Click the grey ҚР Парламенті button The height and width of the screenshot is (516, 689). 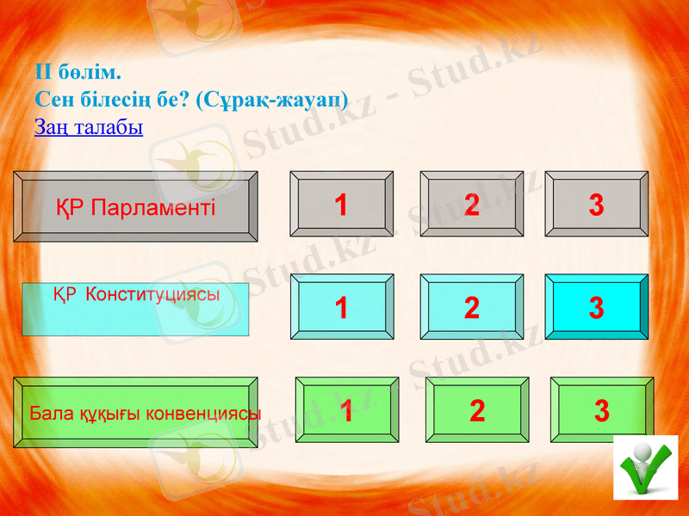click(x=135, y=206)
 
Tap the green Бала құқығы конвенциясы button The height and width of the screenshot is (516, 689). click(x=135, y=413)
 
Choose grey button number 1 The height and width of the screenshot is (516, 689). click(x=342, y=204)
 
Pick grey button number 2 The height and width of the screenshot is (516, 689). click(x=471, y=204)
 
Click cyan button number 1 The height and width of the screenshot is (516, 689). click(x=342, y=307)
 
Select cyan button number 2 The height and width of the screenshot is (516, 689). click(x=471, y=307)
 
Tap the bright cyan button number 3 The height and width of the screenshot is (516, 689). click(x=596, y=307)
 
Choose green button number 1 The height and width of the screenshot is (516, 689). click(x=346, y=410)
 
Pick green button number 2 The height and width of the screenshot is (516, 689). click(x=477, y=410)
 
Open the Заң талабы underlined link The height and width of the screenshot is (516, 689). click(x=88, y=127)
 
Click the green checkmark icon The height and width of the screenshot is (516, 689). click(x=645, y=468)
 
